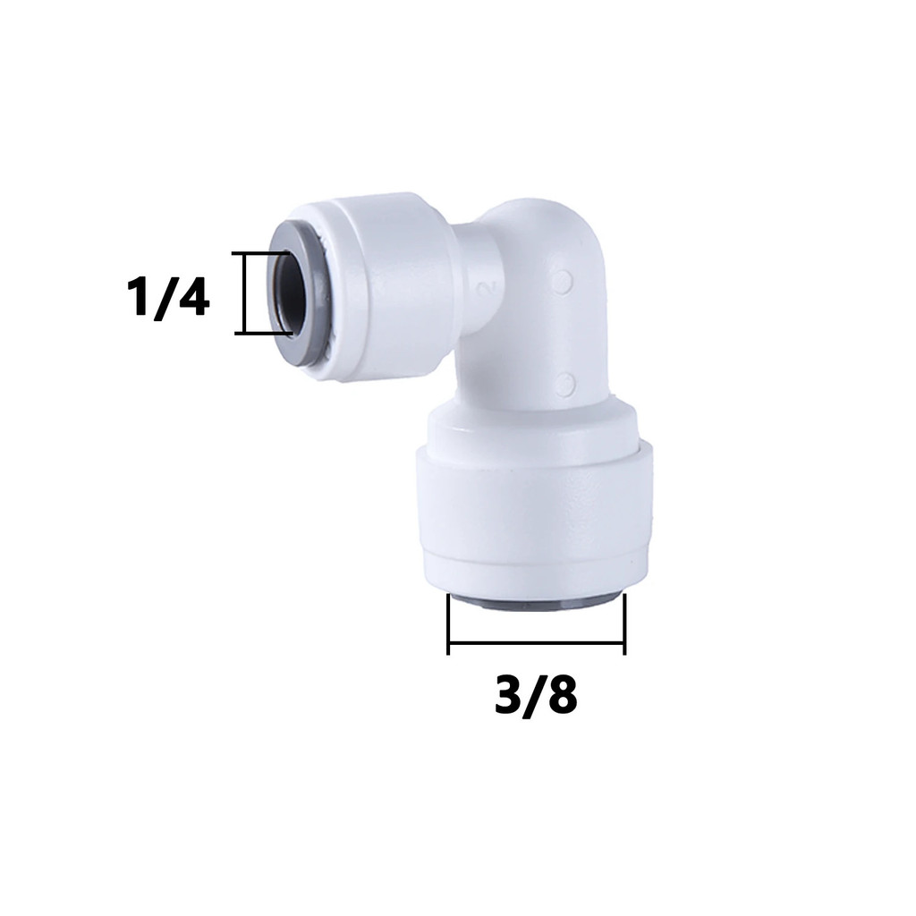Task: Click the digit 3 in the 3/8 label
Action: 509,694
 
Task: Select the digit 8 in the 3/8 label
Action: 563,694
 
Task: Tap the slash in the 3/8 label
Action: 536,697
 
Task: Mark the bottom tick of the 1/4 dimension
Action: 263,333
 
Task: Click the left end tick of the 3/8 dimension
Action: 448,623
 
